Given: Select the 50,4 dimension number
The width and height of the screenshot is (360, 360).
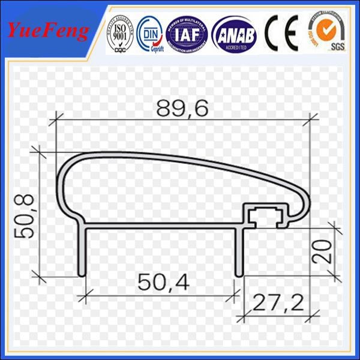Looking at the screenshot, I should point(162,281).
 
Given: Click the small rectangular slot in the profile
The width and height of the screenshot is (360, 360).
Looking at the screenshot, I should point(263,215).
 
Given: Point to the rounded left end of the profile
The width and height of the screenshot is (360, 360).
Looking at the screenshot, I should point(61,180).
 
